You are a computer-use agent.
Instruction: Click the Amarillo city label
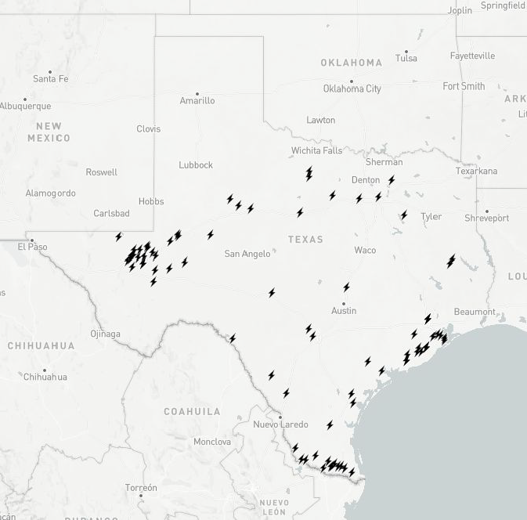[x=197, y=101]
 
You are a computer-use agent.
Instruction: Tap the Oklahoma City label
[x=352, y=88]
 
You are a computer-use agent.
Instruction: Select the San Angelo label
[x=247, y=254]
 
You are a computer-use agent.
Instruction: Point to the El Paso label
[x=33, y=247]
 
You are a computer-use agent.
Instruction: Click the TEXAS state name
[x=305, y=240]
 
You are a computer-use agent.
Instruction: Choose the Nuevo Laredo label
[x=280, y=424]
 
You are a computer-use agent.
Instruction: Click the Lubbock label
[x=196, y=165]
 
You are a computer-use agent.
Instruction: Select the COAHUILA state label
[x=192, y=411]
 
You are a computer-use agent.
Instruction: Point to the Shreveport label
[x=486, y=218]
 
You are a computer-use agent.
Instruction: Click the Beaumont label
[x=475, y=312]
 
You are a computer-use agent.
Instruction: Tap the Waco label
[x=365, y=251]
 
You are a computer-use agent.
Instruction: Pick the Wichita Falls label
[x=317, y=150]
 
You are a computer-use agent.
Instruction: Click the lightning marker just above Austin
[x=346, y=287]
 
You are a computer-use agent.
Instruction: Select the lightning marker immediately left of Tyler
[x=404, y=215]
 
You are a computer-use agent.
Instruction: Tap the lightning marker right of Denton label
[x=392, y=180]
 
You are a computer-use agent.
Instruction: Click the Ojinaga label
[x=105, y=334]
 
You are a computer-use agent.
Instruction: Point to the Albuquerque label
[x=25, y=107]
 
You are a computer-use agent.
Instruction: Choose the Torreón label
[x=141, y=488]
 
